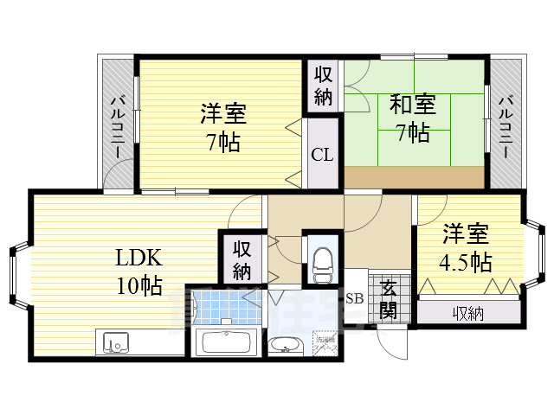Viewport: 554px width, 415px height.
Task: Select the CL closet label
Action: click(x=322, y=156)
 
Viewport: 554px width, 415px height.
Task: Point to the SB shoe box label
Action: click(x=355, y=299)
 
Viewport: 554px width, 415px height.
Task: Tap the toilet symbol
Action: click(x=321, y=260)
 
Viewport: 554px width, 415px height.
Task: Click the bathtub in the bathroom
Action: click(x=224, y=343)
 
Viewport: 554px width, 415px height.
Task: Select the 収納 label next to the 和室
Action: click(x=323, y=86)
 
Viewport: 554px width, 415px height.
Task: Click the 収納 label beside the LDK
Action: click(x=242, y=259)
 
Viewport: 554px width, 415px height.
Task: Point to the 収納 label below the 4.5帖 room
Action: click(x=468, y=313)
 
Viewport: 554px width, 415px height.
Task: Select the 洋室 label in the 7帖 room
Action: click(x=223, y=114)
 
